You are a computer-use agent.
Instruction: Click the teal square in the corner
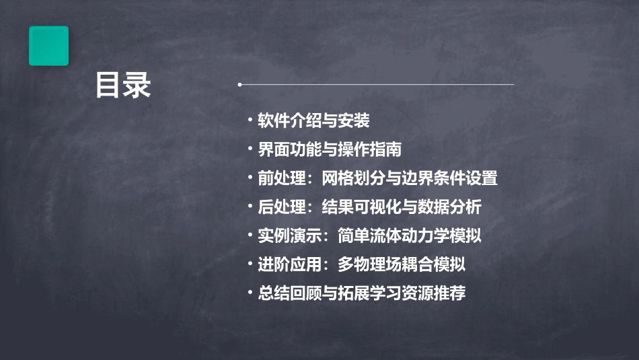coord(48,46)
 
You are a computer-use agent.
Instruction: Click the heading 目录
coord(122,85)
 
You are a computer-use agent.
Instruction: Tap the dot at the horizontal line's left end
coord(240,85)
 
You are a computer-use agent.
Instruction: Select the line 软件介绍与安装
coord(313,121)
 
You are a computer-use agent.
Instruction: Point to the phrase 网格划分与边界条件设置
coord(410,178)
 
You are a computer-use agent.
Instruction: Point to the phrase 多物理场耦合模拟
coord(402,265)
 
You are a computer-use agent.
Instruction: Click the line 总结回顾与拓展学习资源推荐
coord(362,294)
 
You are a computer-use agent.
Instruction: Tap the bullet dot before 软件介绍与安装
coord(250,121)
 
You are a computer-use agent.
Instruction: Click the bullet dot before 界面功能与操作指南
coord(250,149)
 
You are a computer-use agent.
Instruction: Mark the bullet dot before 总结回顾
coord(250,294)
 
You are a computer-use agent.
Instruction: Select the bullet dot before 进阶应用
coord(250,265)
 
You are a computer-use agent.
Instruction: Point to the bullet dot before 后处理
coord(250,207)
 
